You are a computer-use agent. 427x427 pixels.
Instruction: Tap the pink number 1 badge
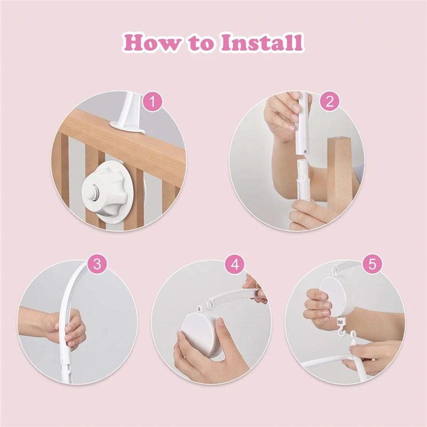pos(154,102)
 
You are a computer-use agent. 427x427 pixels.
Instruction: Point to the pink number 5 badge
pos(371,264)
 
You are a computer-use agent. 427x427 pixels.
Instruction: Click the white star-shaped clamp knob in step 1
pos(109,189)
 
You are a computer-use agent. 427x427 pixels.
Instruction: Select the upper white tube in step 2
pos(303,123)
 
